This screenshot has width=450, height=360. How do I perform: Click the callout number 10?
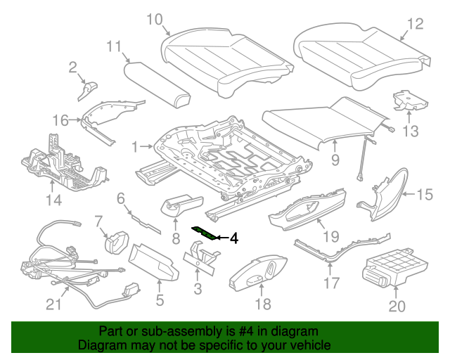point(154,19)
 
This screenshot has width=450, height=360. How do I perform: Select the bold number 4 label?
point(233,239)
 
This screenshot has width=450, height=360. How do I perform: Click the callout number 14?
point(53,200)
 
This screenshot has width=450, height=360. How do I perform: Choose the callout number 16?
point(61,120)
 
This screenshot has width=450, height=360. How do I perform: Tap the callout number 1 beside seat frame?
point(136,147)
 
